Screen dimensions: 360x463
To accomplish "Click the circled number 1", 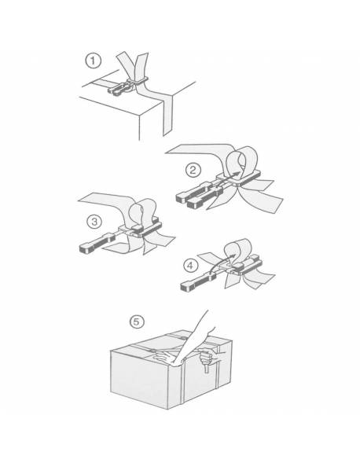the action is coord(93,61).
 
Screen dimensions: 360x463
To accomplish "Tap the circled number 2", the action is coord(193,171).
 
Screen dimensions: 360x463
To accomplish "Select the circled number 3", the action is coord(94,222).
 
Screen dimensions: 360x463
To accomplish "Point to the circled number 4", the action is coord(190,266).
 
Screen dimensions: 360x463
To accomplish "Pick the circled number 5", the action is coord(137,322).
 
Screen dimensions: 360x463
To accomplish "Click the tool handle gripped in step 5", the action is coord(207,367).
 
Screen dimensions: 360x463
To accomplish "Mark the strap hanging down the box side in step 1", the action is coord(167,115).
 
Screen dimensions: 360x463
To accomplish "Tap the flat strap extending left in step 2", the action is coord(197,150).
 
